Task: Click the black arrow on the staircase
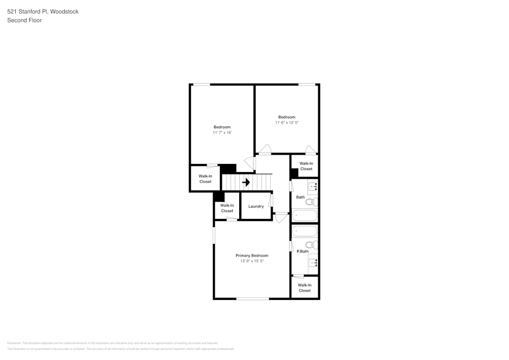246,182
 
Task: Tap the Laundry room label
256,206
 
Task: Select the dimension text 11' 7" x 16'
222,132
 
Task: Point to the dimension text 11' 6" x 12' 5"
287,122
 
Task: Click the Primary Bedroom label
251,256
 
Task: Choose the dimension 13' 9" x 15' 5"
251,261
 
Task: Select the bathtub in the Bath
304,215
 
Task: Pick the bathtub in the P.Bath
304,231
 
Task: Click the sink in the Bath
313,186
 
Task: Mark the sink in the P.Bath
313,263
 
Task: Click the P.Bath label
302,251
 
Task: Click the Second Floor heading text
24,20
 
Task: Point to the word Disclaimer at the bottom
14,343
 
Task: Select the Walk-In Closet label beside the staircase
205,179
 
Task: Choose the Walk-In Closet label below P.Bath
304,288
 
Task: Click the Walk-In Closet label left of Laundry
227,208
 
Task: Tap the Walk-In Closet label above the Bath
306,166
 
